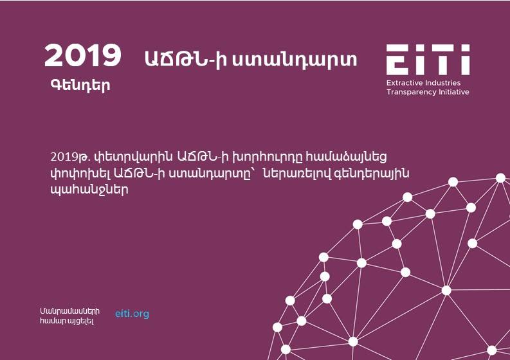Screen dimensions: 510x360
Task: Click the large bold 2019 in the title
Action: pos(82,56)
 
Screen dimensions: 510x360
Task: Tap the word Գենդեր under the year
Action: pos(80,85)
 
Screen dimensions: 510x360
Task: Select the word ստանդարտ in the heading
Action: pos(294,60)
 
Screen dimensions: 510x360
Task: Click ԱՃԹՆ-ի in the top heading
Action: pos(185,60)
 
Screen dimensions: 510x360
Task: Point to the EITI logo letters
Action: pos(428,60)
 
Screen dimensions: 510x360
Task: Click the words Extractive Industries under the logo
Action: pos(423,83)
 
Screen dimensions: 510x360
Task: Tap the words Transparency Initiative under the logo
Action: pos(428,92)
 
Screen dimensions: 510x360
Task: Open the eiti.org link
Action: pos(132,314)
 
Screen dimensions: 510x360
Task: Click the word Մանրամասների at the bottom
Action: pos(69,311)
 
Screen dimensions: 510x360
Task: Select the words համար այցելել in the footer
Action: pos(67,321)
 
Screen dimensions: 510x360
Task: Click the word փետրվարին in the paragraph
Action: pos(133,157)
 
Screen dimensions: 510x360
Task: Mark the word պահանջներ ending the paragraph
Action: pos(89,190)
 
